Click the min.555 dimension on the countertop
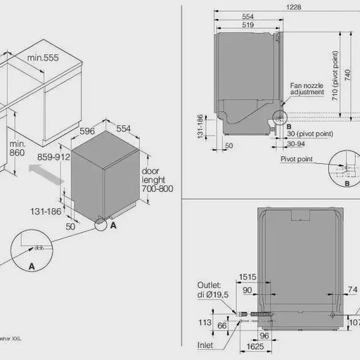[43, 58]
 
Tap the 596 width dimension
[87, 130]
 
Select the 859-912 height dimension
[53, 157]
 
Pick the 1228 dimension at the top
[294, 6]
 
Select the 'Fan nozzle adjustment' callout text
[307, 89]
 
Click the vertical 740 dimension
[348, 82]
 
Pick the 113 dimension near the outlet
[204, 323]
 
